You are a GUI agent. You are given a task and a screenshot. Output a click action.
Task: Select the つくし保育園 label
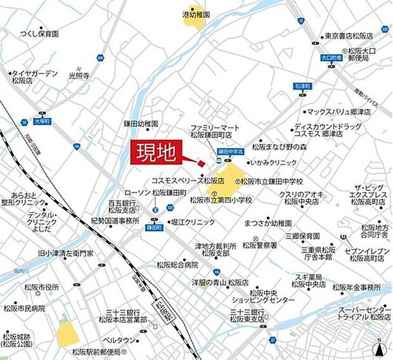click(39, 34)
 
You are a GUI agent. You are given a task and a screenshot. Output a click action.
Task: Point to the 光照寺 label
click(80, 75)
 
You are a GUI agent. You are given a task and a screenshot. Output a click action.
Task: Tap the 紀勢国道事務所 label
click(115, 221)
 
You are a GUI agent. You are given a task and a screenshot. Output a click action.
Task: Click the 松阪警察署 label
click(259, 244)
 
